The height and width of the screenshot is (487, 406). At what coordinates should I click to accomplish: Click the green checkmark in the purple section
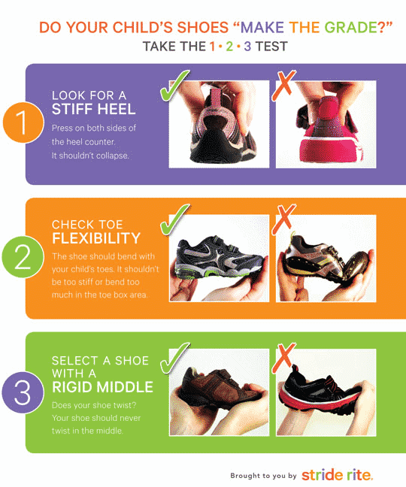pyautogui.click(x=174, y=86)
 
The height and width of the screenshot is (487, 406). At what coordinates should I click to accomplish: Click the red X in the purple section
pyautogui.click(x=283, y=86)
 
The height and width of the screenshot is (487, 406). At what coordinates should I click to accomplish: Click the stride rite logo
pyautogui.click(x=336, y=475)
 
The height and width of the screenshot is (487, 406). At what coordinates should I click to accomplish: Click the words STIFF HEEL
pyautogui.click(x=93, y=110)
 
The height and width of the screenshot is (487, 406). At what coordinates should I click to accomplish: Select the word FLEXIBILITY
pyautogui.click(x=95, y=239)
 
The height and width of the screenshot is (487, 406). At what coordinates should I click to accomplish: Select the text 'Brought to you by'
pyautogui.click(x=263, y=476)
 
